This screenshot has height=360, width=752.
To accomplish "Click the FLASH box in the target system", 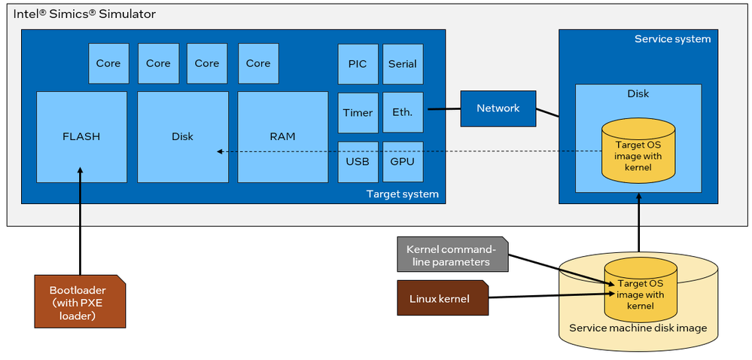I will tap(81, 137).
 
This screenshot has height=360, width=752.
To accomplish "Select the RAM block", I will tap(282, 137).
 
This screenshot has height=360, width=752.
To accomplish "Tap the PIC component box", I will tap(358, 63).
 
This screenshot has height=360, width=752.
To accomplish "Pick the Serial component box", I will tap(402, 63).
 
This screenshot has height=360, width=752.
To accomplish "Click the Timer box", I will tap(358, 112).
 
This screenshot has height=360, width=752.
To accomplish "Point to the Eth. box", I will tap(402, 112).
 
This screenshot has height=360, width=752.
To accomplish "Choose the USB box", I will tap(358, 161).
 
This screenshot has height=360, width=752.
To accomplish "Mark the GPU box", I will tap(402, 161).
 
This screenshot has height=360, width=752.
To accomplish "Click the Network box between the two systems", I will tap(498, 108).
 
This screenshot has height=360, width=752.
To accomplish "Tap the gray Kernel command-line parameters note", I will tap(452, 255).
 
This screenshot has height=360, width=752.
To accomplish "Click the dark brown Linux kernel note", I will tap(443, 299).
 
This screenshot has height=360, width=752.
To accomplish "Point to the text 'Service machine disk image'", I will tap(638, 328).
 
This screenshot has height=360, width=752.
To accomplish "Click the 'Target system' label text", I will tap(401, 194).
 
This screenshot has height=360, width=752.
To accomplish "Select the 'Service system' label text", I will tap(671, 39).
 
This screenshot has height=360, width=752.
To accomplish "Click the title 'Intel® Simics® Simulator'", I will tap(85, 14).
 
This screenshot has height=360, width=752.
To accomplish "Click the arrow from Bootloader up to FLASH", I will tap(79, 226).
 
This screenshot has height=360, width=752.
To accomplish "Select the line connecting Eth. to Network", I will tap(443, 108).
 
